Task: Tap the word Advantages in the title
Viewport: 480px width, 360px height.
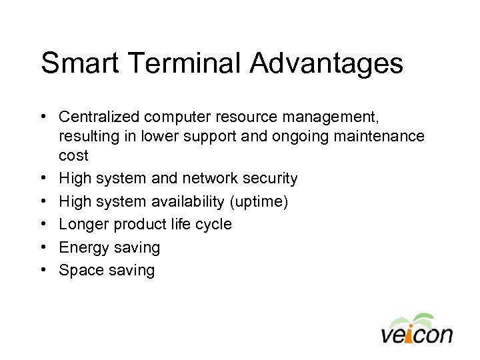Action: [x=327, y=64]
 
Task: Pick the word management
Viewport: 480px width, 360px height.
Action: [x=322, y=117]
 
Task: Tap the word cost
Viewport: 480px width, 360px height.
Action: [x=73, y=155]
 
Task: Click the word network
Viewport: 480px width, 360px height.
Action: [x=215, y=179]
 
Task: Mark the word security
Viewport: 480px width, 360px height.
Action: [x=272, y=179]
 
